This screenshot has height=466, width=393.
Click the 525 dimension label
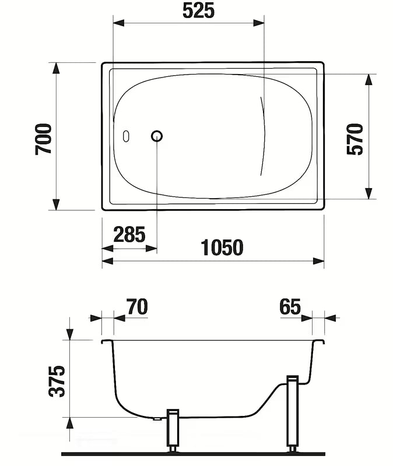198,11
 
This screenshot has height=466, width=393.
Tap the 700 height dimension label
43,139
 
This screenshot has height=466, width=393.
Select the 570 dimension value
355,139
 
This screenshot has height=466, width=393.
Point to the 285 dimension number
129,235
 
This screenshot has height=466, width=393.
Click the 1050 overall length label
222,248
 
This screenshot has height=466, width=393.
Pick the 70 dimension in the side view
137,307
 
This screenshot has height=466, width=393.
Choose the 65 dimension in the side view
290,307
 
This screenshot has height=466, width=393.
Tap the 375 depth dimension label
57,381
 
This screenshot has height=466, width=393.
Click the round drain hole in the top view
157,136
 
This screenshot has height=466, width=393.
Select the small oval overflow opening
126,136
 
